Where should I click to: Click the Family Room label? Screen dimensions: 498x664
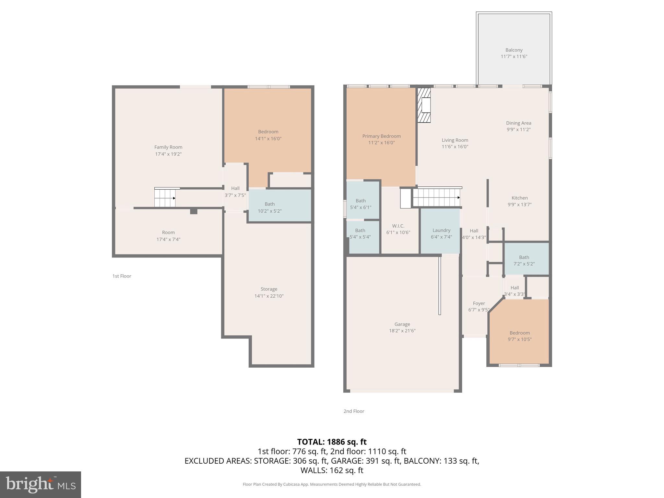click(168, 147)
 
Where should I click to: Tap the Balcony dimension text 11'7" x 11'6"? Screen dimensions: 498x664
click(514, 56)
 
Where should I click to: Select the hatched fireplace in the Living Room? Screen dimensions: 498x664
click(424, 105)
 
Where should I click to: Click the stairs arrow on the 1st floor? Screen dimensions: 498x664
click(174, 198)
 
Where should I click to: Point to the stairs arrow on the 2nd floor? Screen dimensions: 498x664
click(458, 197)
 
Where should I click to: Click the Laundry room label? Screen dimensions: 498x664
click(441, 230)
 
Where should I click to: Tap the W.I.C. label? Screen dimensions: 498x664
click(398, 226)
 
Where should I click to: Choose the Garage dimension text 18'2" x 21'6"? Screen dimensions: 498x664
click(402, 331)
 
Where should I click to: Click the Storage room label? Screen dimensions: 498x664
click(269, 289)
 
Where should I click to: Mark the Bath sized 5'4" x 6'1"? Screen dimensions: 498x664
click(361, 204)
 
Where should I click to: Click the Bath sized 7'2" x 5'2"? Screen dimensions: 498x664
click(524, 260)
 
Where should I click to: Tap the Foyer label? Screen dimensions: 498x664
click(479, 303)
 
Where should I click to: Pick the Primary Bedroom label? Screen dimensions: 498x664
click(381, 136)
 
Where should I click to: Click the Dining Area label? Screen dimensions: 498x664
click(518, 123)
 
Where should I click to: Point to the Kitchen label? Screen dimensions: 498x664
click(519, 198)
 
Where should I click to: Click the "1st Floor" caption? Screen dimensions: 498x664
click(122, 276)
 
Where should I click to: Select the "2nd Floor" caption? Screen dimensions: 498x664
click(354, 411)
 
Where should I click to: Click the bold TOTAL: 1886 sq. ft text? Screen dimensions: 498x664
click(332, 442)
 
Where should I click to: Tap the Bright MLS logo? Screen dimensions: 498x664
click(40, 484)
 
